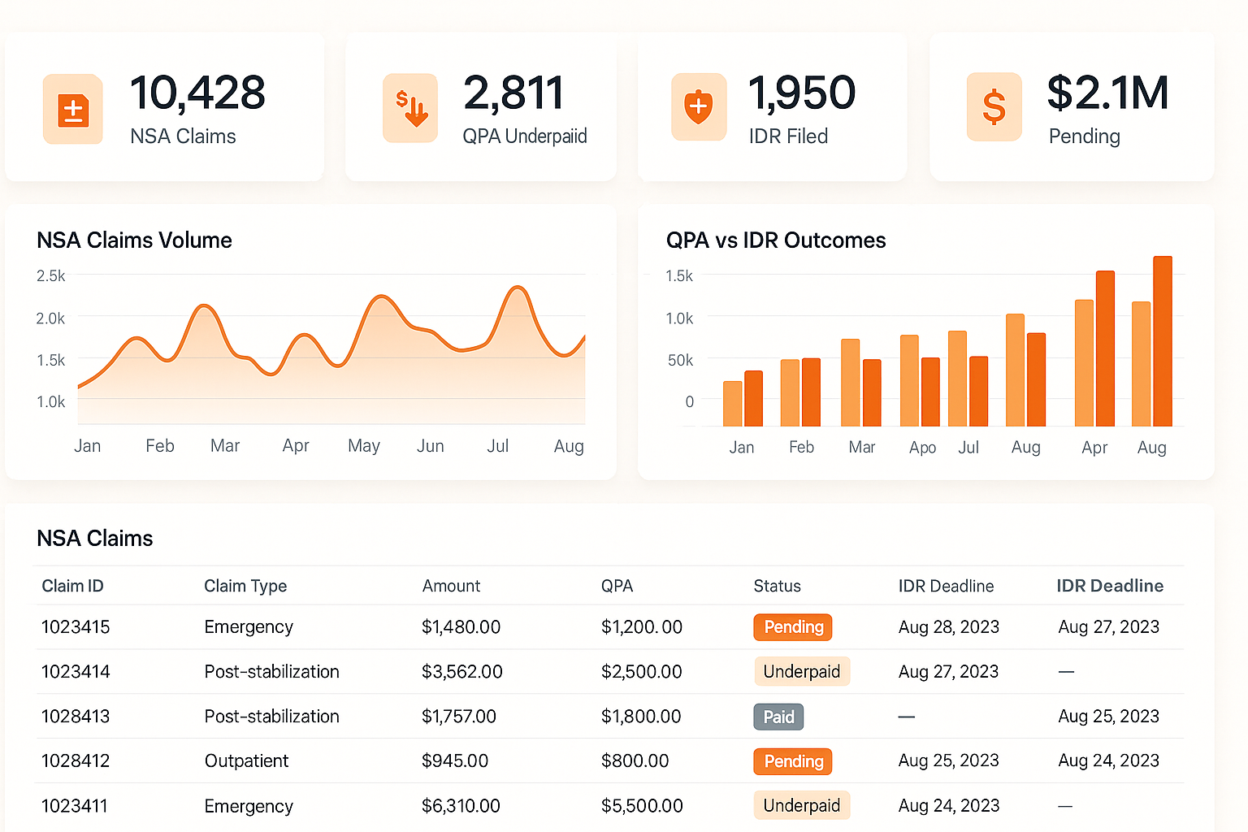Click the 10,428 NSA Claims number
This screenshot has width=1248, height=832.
coord(197,93)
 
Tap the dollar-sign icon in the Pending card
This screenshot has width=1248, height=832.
coord(994,107)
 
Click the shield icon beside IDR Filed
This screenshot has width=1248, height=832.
coord(698,106)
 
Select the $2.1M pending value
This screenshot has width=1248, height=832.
coord(1107,93)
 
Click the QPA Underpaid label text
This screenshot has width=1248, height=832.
coord(524,136)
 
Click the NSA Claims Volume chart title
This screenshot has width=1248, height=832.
coord(134,240)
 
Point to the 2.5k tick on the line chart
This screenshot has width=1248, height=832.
coord(50,276)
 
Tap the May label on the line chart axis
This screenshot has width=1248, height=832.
coord(363,446)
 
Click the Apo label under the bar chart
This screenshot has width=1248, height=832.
coord(922,448)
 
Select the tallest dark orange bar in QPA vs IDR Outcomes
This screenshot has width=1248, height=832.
coord(1162,341)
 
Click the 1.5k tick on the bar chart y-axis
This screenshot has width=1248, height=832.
coord(679,276)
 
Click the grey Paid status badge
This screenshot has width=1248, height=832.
coord(778,717)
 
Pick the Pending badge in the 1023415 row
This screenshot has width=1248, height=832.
coord(793,627)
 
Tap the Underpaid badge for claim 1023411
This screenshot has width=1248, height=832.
coord(801,805)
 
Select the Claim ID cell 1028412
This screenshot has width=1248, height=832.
coord(76,761)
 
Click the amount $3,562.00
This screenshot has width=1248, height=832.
coord(461,672)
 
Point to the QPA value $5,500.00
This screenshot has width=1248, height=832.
coord(642,806)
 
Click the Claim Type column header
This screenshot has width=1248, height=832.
coord(245,586)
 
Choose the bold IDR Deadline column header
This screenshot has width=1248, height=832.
coord(1110,586)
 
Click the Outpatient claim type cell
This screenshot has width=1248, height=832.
coord(246,761)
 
